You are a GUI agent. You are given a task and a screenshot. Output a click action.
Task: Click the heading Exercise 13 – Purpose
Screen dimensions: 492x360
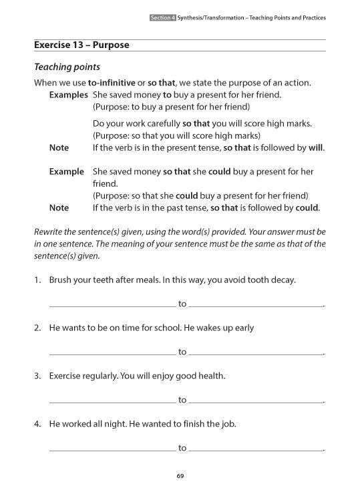click(x=81, y=45)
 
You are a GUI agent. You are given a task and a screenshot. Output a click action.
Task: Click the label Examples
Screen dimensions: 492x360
click(x=69, y=95)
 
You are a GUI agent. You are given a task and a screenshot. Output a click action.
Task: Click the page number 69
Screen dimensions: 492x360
click(x=180, y=475)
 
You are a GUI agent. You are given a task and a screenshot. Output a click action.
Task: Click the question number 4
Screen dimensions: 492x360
click(x=37, y=424)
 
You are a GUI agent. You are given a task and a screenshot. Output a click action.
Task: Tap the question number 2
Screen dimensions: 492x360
click(x=37, y=328)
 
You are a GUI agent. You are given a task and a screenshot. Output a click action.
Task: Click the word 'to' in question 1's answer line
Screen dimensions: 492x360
click(x=182, y=304)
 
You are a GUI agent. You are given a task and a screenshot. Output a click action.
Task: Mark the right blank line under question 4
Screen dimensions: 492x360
click(x=255, y=451)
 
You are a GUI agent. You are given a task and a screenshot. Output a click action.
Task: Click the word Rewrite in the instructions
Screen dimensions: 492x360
click(x=49, y=232)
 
